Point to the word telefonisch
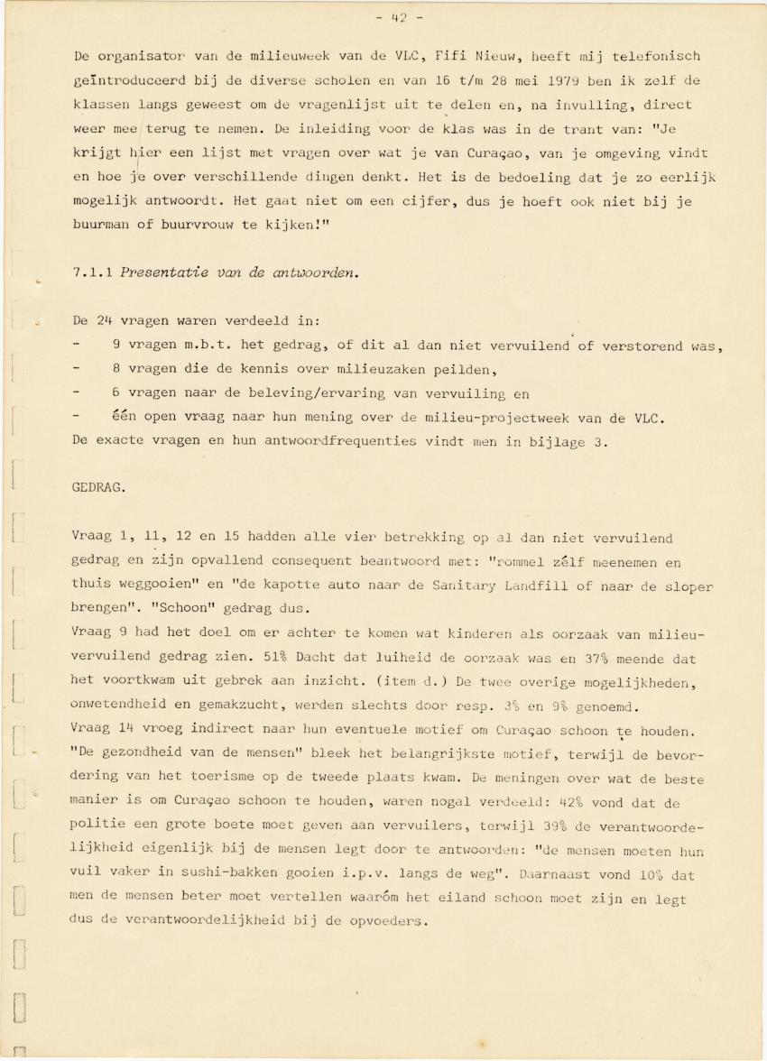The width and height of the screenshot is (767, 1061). pyautogui.click(x=658, y=56)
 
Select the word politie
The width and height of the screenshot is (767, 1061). pyautogui.click(x=98, y=826)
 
